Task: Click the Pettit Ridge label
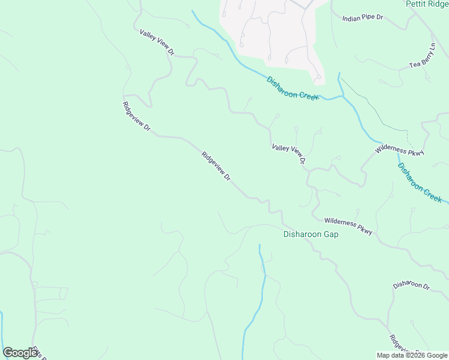pos(427,4)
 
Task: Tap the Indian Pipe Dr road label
pos(363,18)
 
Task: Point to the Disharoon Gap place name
pos(310,234)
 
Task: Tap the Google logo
pos(20,353)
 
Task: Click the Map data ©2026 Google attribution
pos(412,355)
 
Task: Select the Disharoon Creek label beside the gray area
pos(292,88)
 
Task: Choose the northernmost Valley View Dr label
pos(157,43)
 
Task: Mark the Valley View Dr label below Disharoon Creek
pos(289,154)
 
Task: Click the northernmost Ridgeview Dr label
pos(136,118)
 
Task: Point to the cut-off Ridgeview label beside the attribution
pos(399,347)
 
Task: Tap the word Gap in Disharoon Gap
pos(330,234)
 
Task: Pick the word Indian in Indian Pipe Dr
pos(351,18)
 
